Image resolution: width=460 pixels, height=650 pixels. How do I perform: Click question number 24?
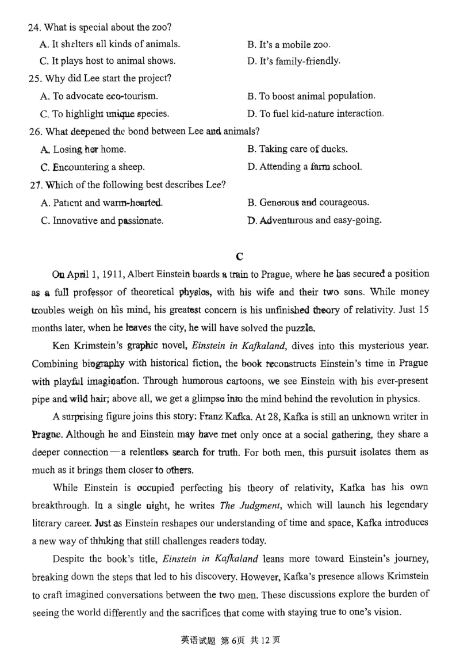34,27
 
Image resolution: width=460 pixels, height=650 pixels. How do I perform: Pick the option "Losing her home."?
83,149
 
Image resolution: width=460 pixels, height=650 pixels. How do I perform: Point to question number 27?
34,185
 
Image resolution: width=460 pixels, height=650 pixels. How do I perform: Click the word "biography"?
102,364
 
